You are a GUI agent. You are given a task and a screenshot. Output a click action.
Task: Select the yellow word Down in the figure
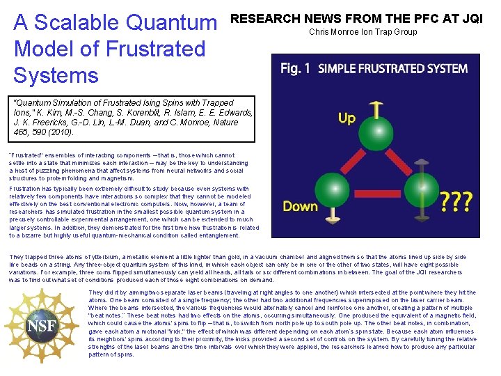click(300, 205)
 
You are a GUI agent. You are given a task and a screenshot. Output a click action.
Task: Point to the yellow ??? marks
click(456, 202)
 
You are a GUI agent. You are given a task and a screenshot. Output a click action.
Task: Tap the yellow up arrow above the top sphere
click(377, 109)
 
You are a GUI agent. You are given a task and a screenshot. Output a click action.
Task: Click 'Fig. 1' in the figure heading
click(295, 68)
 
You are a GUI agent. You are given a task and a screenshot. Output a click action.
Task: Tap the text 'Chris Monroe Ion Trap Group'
click(363, 32)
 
